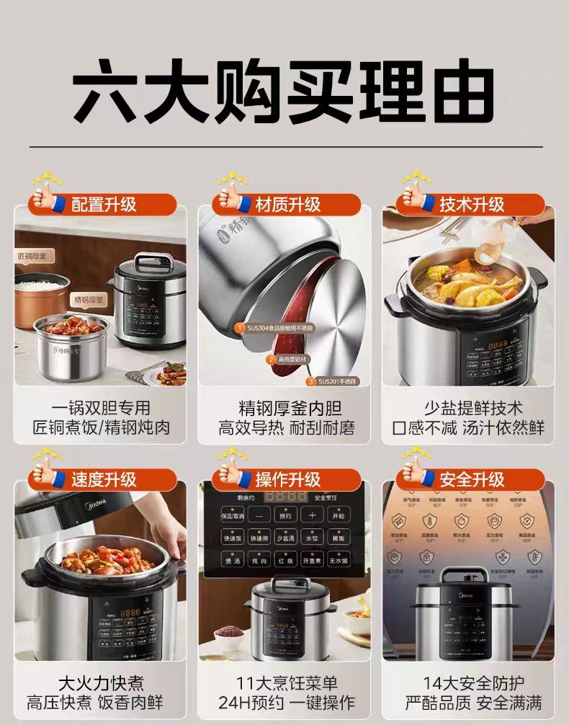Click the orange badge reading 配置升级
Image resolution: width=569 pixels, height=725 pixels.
104,204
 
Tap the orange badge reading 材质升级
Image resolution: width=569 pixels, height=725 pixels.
287,204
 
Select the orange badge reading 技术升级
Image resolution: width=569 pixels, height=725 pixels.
472,204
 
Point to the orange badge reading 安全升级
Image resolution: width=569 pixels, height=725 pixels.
472,479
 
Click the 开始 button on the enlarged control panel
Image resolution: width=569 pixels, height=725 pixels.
338,516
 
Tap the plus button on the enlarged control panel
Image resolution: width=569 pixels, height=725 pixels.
313,516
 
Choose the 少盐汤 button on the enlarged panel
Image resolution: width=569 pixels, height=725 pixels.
286,538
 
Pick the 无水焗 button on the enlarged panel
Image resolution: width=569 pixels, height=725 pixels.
338,560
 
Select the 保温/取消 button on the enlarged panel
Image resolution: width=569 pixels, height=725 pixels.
233,516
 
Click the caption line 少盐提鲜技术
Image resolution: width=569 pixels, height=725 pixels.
472,409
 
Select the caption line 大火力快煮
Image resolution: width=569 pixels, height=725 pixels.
101,682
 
